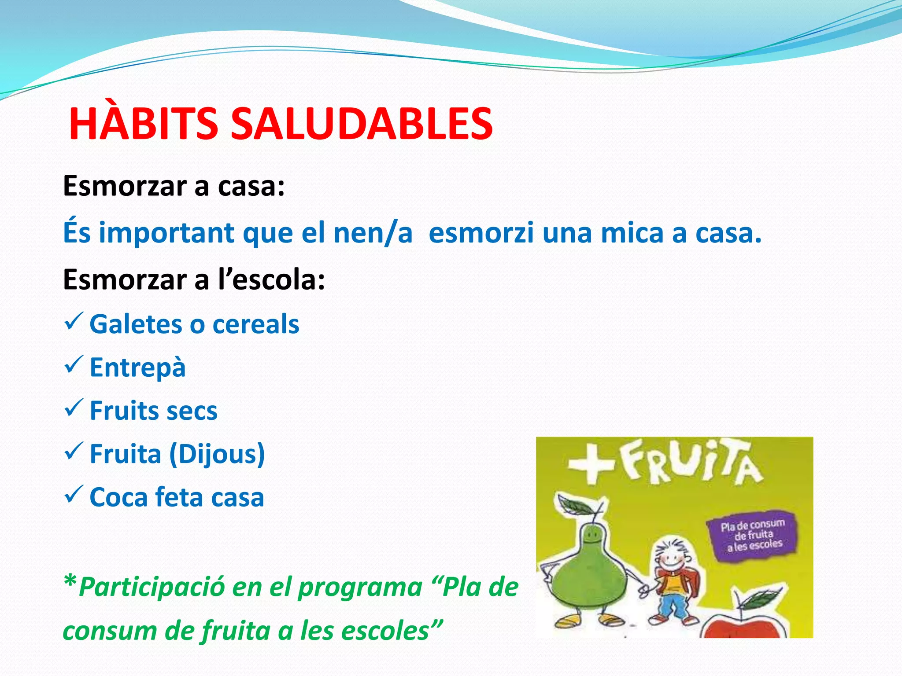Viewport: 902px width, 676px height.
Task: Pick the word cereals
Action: (x=256, y=324)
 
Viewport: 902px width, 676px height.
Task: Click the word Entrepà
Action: (x=137, y=367)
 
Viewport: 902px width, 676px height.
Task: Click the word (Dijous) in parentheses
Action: (x=217, y=454)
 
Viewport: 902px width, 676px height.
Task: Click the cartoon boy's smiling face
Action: (x=672, y=559)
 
